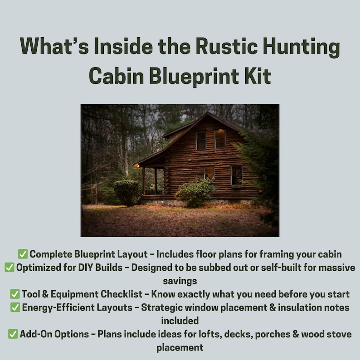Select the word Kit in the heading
coord(257,75)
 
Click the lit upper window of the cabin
coord(220,139)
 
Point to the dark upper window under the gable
coord(201,140)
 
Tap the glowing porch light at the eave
coord(136,166)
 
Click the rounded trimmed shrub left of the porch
coord(126,192)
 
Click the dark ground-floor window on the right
coord(236,175)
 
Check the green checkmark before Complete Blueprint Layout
coord(23,254)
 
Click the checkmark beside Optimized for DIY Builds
coord(10,268)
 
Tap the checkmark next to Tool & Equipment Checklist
coord(15,294)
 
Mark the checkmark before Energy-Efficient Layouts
coord(15,307)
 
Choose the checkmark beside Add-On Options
coord(13,334)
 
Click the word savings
coord(180,281)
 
